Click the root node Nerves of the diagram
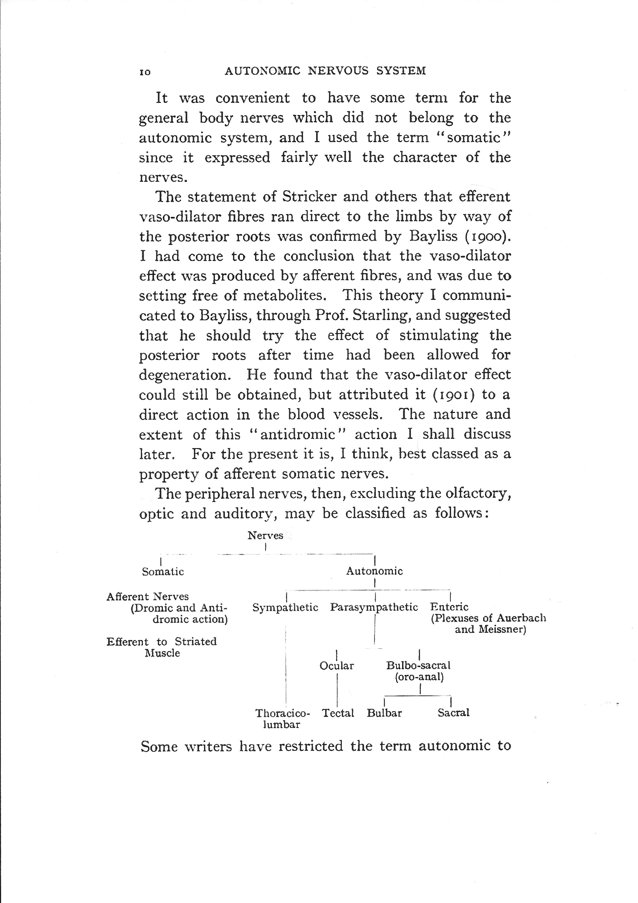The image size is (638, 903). [x=265, y=536]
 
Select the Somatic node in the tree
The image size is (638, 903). [x=163, y=571]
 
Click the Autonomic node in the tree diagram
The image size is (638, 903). [x=374, y=571]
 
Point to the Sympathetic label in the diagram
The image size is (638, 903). [x=285, y=608]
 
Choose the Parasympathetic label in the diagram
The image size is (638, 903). [x=374, y=608]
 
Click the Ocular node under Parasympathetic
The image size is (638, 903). [x=337, y=666]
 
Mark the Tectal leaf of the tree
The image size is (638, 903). [x=338, y=713]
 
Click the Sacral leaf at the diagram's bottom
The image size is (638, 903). [x=454, y=713]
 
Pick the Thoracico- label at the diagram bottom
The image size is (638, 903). [x=283, y=713]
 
